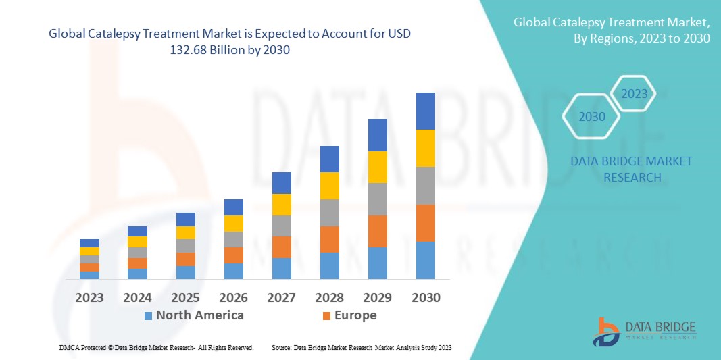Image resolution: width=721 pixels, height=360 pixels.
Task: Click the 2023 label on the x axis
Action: pos(89,297)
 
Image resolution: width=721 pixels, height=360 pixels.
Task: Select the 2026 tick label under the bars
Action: pos(233,297)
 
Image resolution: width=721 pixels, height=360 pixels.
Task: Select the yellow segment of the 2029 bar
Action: pos(377,167)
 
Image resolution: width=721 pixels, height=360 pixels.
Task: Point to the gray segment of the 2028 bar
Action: pos(329,212)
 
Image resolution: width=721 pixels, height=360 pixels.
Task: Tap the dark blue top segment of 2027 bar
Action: pos(281,182)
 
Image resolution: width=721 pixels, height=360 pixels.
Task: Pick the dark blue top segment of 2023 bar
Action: pos(89,243)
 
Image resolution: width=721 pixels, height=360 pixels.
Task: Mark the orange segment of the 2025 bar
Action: pos(185,259)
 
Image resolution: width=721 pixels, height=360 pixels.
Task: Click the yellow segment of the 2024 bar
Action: pos(137,242)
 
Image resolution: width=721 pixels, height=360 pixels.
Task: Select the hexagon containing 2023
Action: pos(634,94)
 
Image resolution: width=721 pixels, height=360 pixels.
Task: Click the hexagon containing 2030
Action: pos(592,117)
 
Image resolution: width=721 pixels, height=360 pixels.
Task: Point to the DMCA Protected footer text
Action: pos(155,347)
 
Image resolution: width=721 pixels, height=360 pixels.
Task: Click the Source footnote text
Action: pos(361,347)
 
